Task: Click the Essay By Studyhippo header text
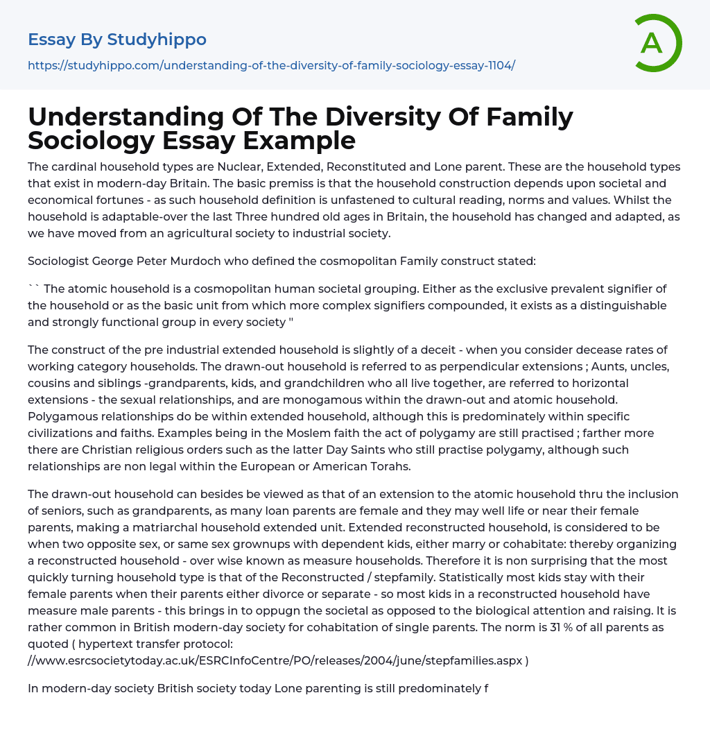117,40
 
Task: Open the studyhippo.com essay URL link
271,65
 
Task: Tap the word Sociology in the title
92,140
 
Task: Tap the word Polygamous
60,416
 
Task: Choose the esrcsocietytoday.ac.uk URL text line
278,660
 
